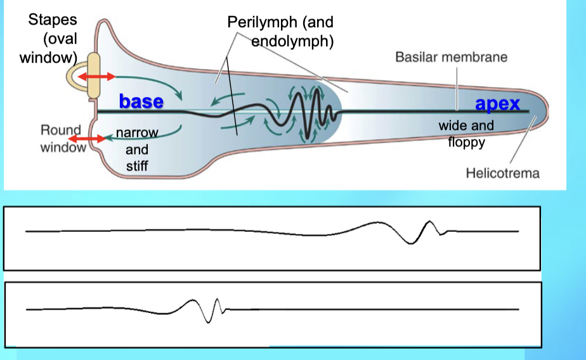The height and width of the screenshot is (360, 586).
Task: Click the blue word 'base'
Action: pyautogui.click(x=141, y=101)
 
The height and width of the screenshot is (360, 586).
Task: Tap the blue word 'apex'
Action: pyautogui.click(x=498, y=104)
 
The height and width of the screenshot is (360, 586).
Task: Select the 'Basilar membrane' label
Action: pyautogui.click(x=451, y=57)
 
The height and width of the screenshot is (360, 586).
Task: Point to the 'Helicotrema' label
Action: pyautogui.click(x=502, y=172)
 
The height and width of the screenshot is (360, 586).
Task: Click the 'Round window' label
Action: pyautogui.click(x=61, y=139)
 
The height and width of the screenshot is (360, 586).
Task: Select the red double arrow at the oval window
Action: pyautogui.click(x=96, y=77)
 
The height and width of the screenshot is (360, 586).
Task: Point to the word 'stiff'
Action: pyautogui.click(x=137, y=167)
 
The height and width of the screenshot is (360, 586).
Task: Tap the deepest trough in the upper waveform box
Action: pyautogui.click(x=415, y=243)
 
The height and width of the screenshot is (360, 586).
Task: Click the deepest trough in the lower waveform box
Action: pyautogui.click(x=208, y=321)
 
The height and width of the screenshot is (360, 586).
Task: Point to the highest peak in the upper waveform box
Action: pyautogui.click(x=430, y=221)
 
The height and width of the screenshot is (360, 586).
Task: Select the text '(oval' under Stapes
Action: pyautogui.click(x=60, y=39)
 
